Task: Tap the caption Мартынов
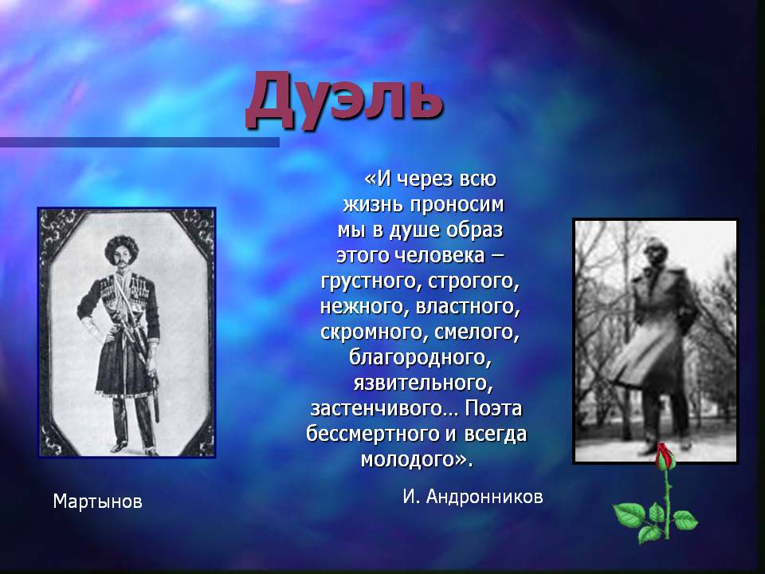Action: (x=97, y=501)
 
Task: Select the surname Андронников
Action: (x=484, y=497)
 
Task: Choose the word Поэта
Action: (x=493, y=408)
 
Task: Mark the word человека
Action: (x=439, y=255)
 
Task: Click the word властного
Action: (x=467, y=307)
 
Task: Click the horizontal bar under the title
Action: (x=139, y=142)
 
